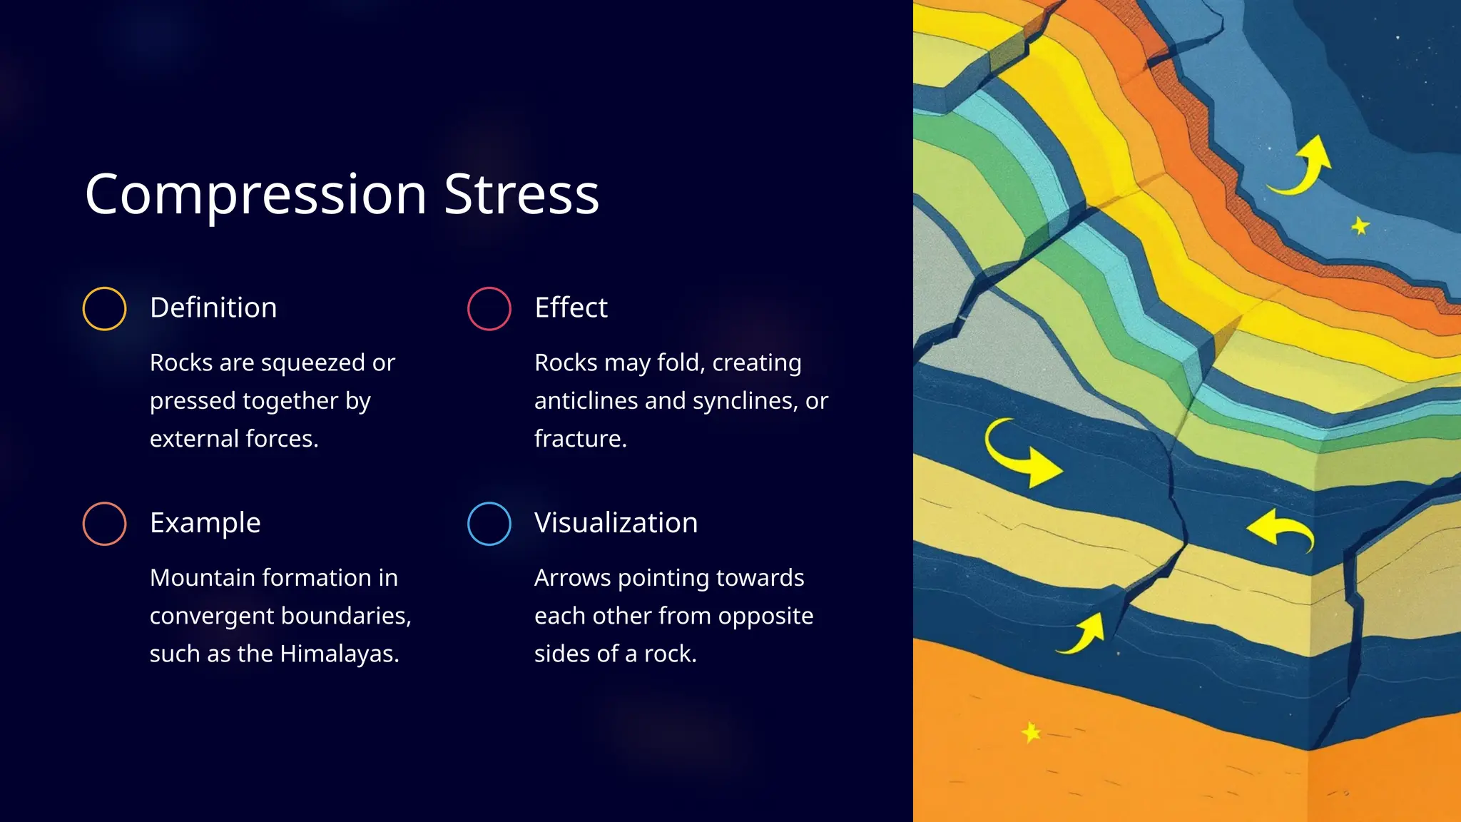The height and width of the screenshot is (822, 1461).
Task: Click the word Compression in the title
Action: [x=255, y=194]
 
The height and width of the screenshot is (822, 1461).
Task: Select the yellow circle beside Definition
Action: [x=104, y=308]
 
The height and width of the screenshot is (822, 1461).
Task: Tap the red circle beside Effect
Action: [x=489, y=308]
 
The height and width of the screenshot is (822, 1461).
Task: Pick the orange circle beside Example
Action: [x=104, y=524]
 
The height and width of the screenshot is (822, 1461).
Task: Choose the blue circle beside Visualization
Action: [x=489, y=524]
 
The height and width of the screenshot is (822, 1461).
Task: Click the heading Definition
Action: [x=213, y=308]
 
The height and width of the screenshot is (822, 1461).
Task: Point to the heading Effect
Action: [x=571, y=308]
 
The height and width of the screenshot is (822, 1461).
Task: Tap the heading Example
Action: [x=205, y=523]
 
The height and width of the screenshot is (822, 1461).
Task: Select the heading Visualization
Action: [x=616, y=523]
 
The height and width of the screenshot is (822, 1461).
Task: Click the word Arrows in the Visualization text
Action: [x=572, y=578]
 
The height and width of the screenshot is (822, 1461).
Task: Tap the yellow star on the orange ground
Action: [x=1031, y=732]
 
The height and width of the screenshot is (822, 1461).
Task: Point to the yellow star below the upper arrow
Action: [x=1360, y=226]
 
